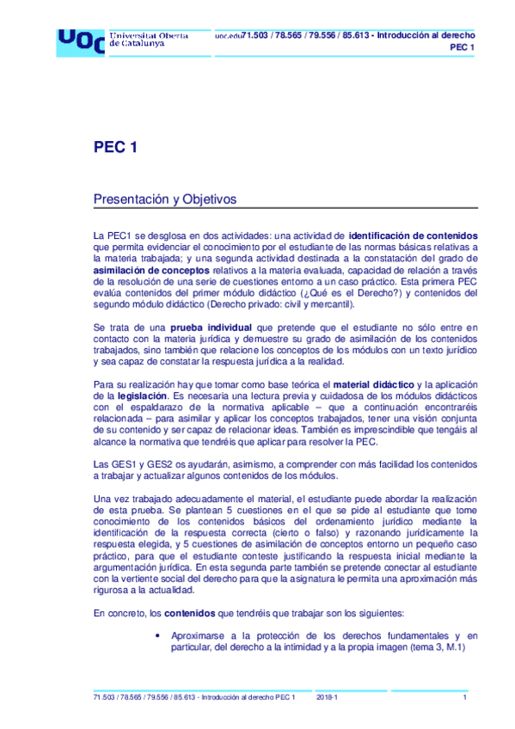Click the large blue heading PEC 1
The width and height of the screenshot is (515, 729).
(x=115, y=147)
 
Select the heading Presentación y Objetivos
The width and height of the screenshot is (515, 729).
(x=164, y=199)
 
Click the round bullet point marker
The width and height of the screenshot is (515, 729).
(x=157, y=635)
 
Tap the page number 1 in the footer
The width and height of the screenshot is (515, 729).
(x=464, y=696)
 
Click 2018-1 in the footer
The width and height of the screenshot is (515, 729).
(x=328, y=696)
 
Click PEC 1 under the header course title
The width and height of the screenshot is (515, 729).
(x=463, y=46)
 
